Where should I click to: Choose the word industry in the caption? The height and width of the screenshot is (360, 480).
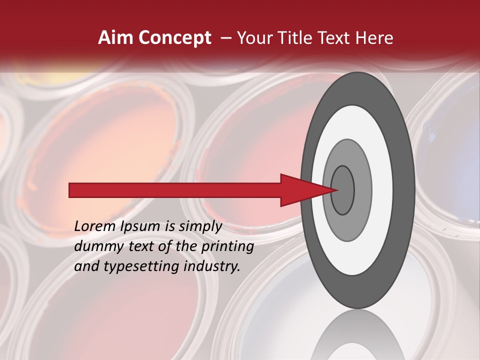tap(215, 266)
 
